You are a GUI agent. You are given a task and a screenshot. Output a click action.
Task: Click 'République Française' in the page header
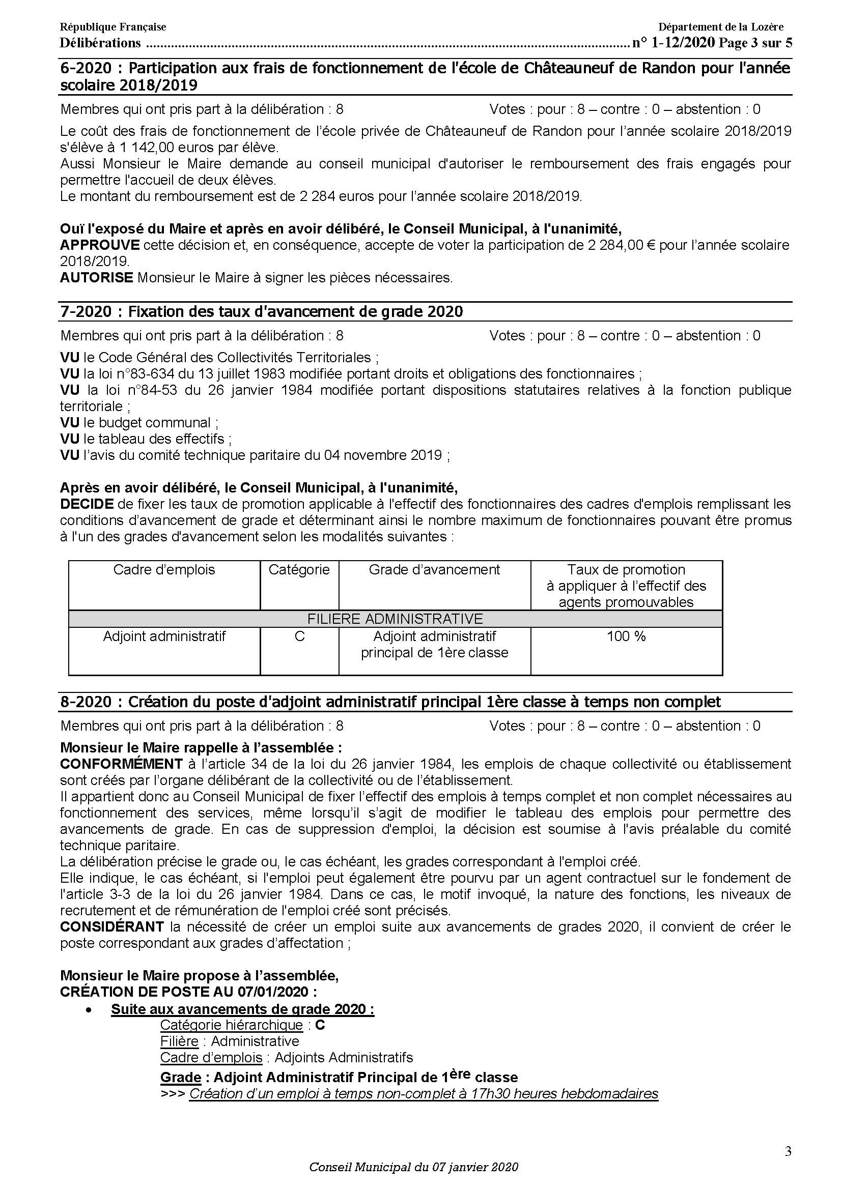(x=113, y=27)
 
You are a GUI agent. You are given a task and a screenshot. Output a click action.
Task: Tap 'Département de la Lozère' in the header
(x=721, y=27)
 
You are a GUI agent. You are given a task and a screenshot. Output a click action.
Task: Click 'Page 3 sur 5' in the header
(x=755, y=43)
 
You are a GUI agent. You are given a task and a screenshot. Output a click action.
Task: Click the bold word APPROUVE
(x=100, y=245)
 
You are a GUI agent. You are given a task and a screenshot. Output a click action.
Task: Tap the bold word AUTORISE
(x=97, y=277)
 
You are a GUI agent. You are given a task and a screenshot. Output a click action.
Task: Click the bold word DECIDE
(x=87, y=504)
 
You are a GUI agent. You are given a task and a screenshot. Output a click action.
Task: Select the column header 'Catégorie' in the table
(x=299, y=570)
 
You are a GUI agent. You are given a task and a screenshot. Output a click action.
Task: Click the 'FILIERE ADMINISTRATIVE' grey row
(x=395, y=619)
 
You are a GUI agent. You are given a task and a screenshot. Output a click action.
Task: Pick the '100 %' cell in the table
(x=626, y=636)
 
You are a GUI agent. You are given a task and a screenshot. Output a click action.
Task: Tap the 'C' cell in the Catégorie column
(x=299, y=636)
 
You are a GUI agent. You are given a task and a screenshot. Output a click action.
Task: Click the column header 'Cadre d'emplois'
(x=164, y=570)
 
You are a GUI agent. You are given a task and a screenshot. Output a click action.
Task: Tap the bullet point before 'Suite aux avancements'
(x=90, y=1010)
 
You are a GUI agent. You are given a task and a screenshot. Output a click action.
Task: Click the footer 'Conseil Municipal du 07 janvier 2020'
(x=414, y=1167)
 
